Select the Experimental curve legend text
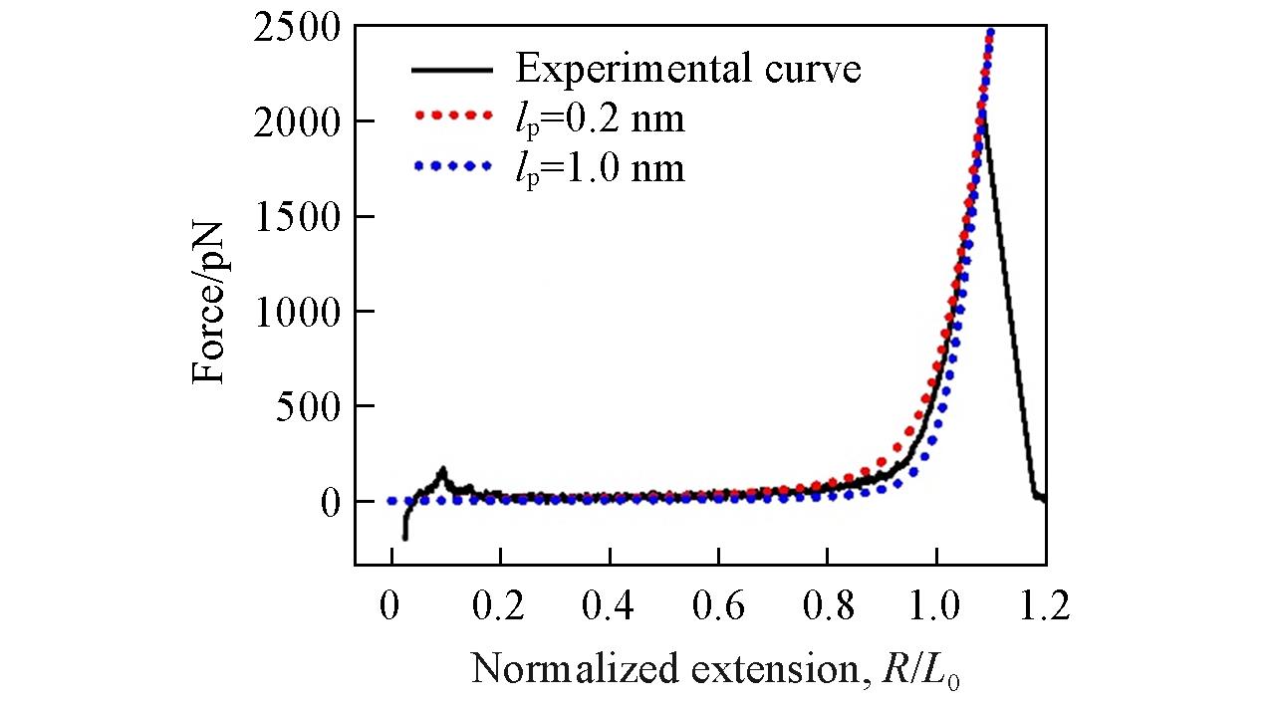[687, 70]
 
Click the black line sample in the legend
[451, 71]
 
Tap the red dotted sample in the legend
[451, 118]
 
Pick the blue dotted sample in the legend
[451, 165]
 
